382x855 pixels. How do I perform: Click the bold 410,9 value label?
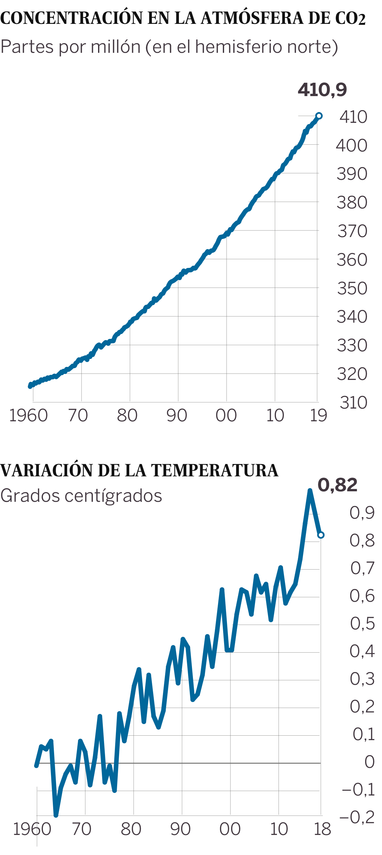(322, 90)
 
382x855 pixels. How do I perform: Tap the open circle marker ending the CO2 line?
(319, 116)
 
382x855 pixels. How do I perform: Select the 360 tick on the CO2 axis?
(352, 260)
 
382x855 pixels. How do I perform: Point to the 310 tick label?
(353, 403)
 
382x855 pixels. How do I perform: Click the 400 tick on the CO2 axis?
(351, 145)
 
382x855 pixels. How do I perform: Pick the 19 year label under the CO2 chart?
(318, 415)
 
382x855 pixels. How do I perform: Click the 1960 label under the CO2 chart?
(29, 415)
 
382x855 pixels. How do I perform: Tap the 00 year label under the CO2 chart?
(226, 415)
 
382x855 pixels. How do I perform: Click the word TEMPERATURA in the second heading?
(215, 470)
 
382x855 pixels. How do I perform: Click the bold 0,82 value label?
(337, 485)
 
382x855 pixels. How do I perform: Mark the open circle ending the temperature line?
(321, 535)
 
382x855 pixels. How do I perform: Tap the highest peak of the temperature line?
(310, 491)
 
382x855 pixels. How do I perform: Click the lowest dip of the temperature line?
(56, 815)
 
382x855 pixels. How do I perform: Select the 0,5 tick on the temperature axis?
(362, 624)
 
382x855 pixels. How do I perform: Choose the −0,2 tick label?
(357, 817)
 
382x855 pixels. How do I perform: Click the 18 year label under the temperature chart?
(322, 829)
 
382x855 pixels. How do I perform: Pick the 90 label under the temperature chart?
(180, 829)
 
